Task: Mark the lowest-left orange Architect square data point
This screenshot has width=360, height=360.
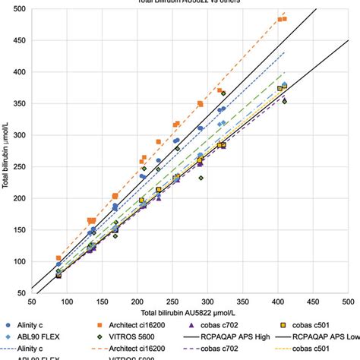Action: [x=58, y=258]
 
